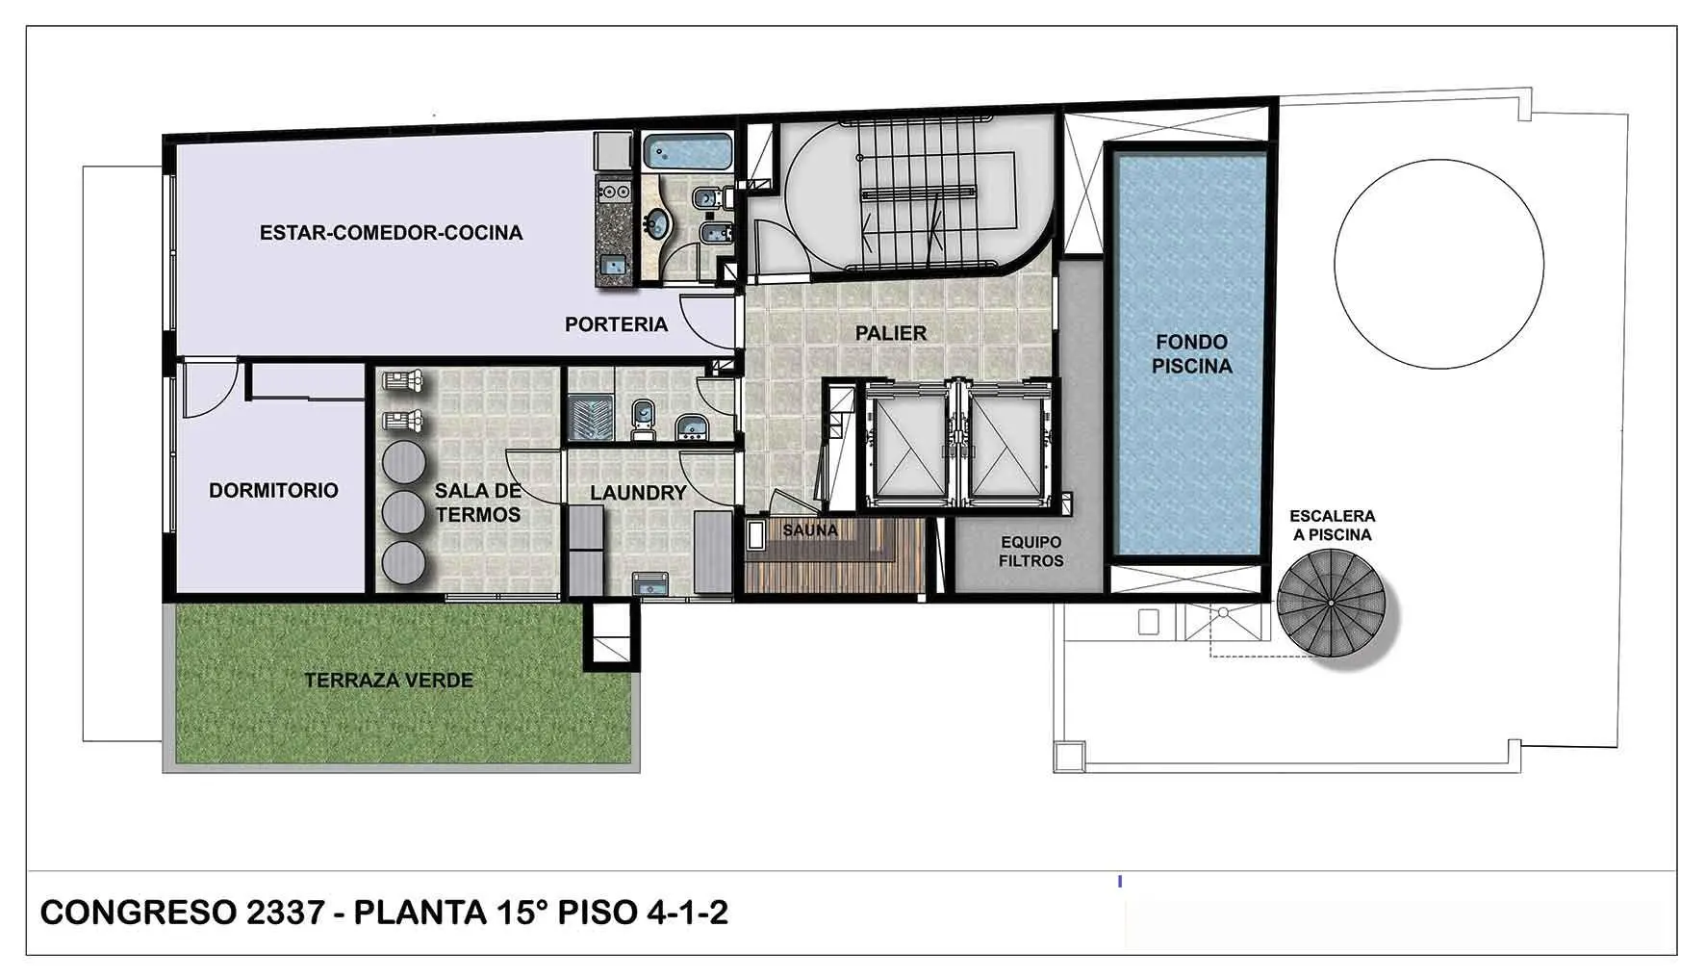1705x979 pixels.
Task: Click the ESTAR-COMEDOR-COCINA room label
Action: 391,233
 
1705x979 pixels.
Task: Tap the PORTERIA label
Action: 616,324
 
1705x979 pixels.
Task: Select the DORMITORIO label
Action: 273,490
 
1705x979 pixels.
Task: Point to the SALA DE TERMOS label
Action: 477,502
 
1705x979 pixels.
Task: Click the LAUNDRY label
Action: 638,493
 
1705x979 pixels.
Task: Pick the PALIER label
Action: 891,333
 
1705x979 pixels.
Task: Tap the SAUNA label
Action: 810,530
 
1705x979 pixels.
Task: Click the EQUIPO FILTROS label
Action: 1031,552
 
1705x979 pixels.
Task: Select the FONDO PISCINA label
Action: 1191,353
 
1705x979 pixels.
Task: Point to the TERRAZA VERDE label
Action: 389,681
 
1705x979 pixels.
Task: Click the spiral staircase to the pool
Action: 1332,603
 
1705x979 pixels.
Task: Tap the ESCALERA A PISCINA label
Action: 1333,526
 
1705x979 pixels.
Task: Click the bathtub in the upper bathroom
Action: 688,151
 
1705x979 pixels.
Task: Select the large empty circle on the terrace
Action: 1438,265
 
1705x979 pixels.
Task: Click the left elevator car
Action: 907,445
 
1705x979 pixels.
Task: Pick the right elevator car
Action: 1005,445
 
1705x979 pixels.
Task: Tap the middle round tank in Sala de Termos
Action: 404,511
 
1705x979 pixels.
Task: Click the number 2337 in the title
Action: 285,913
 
